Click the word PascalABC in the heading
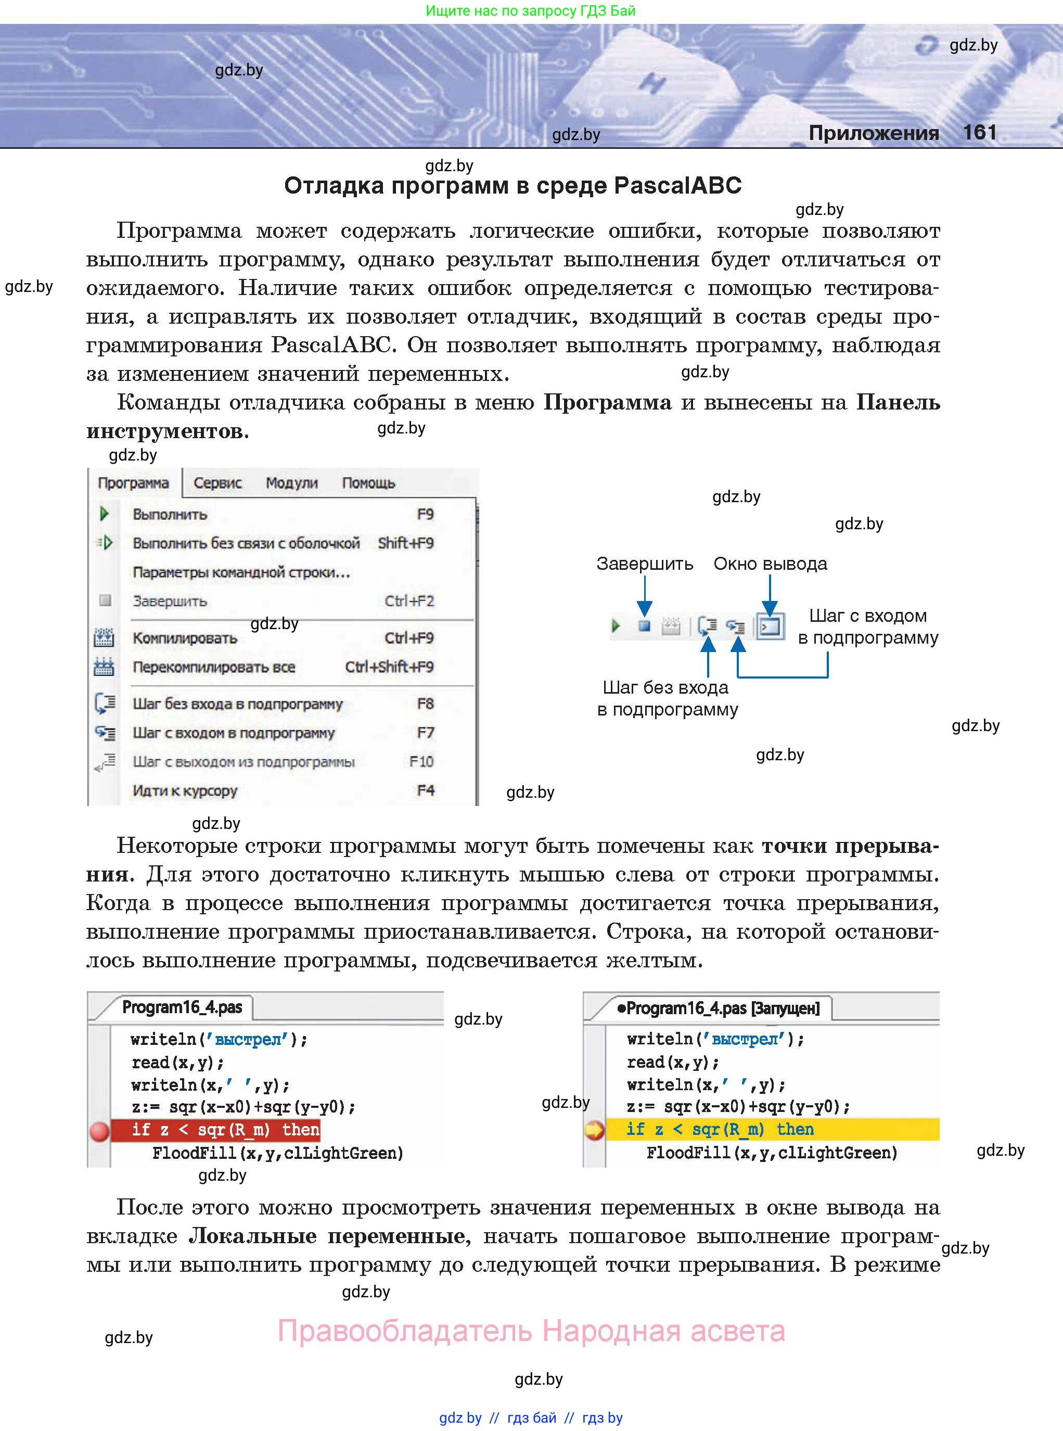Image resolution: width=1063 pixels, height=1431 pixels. pyautogui.click(x=677, y=185)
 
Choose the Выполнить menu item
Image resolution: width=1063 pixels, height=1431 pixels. pyautogui.click(x=170, y=514)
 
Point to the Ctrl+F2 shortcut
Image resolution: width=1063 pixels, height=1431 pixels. pyautogui.click(x=409, y=600)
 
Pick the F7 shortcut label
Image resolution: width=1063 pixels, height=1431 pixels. pyautogui.click(x=425, y=732)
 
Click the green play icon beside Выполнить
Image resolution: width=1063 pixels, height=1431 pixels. pyautogui.click(x=104, y=514)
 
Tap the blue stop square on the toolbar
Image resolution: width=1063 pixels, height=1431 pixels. pyautogui.click(x=644, y=625)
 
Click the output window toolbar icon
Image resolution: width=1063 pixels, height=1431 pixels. pyautogui.click(x=770, y=625)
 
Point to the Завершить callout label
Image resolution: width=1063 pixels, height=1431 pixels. pyautogui.click(x=644, y=564)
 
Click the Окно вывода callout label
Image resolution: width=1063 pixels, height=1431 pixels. pyautogui.click(x=770, y=564)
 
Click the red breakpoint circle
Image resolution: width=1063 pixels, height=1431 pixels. pyautogui.click(x=100, y=1131)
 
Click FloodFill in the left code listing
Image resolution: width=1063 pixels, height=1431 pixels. pyautogui.click(x=194, y=1153)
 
